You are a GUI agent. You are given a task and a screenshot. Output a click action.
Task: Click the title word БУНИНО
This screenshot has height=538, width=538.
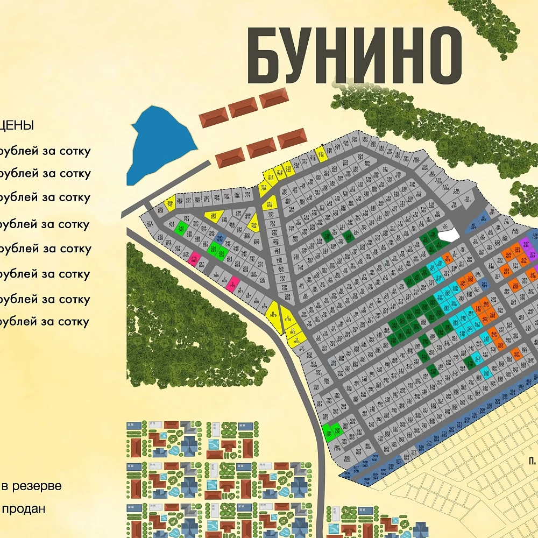coord(355,54)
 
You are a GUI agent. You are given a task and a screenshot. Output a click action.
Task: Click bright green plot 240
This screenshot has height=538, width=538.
coord(181,228)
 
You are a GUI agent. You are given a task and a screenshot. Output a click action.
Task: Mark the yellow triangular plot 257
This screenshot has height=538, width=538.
coord(214,216)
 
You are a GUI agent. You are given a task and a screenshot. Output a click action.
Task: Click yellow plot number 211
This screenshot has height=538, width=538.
coord(321,154)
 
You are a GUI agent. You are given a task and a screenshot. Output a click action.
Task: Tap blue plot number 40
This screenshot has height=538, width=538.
coord(473,226)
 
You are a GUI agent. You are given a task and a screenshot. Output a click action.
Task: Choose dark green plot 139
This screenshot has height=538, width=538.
coord(327,236)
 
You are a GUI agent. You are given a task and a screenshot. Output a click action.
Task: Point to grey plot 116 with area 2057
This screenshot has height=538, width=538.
coord(456,190)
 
